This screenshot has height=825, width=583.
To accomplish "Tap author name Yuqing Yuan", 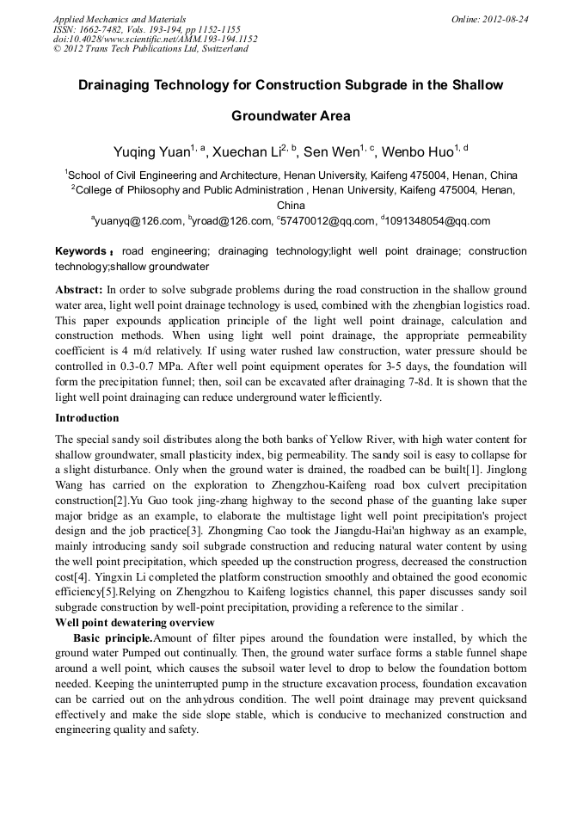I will click(150, 153).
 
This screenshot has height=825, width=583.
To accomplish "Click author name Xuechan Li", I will click(248, 153).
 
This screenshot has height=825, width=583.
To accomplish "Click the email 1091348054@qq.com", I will click(439, 221).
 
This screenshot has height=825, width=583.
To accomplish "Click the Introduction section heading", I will click(87, 418).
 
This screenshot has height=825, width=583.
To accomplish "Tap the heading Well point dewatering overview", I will click(134, 622).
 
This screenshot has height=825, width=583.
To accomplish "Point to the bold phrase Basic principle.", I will click(113, 638).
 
